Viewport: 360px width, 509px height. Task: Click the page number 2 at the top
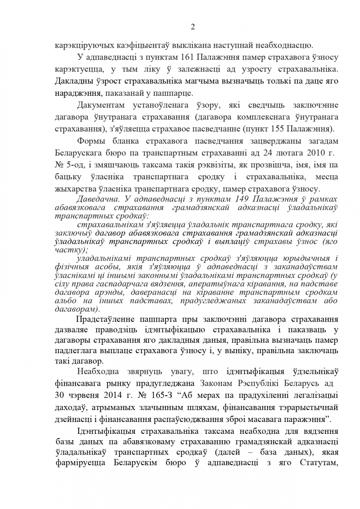point(193,27)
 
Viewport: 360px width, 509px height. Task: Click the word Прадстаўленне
point(105,319)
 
